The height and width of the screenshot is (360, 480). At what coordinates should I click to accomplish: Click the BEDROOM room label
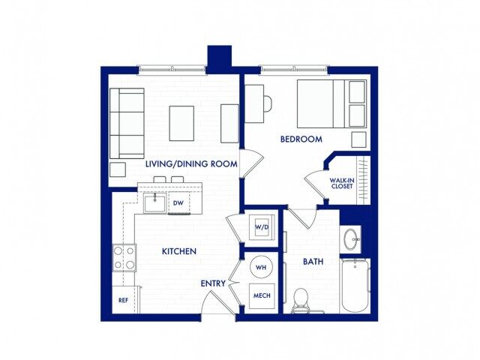(301, 139)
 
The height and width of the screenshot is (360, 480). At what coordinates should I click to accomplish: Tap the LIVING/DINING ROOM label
(191, 163)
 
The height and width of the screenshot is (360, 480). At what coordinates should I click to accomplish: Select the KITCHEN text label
(179, 251)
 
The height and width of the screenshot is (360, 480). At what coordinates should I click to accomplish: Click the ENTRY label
(214, 283)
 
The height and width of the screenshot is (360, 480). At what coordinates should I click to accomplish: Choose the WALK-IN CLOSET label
(342, 183)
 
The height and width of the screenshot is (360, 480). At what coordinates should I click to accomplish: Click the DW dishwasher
(178, 202)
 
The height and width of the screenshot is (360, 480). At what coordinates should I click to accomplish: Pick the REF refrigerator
(124, 300)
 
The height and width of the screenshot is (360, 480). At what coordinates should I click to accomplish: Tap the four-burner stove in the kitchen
(124, 257)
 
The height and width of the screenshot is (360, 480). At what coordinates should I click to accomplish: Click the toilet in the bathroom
(301, 299)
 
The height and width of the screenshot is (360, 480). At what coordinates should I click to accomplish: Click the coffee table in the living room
(181, 122)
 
